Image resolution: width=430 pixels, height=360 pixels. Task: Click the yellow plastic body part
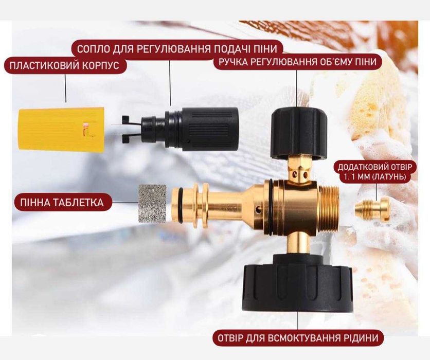click(61, 129)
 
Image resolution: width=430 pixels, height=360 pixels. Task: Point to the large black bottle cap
click(297, 283)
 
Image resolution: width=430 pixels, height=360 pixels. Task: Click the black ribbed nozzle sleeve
click(210, 129)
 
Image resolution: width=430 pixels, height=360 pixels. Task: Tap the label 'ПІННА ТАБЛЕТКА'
click(62, 203)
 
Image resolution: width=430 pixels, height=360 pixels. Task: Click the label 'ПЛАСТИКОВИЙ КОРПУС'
click(64, 66)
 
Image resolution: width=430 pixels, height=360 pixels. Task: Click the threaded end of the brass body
click(329, 206)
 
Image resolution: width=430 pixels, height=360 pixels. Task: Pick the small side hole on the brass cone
click(258, 210)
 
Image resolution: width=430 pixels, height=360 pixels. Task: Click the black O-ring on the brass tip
click(180, 204)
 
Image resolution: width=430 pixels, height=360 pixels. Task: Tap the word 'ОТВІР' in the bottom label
click(231, 338)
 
